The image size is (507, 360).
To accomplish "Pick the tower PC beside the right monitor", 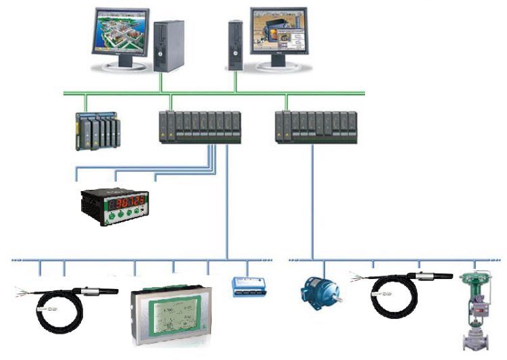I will (235, 45).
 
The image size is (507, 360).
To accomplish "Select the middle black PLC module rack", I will (199, 126).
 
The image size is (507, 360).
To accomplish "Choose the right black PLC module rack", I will (316, 126).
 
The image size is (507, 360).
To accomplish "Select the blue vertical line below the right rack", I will (312, 203).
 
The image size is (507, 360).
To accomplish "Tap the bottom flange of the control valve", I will (474, 345).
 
